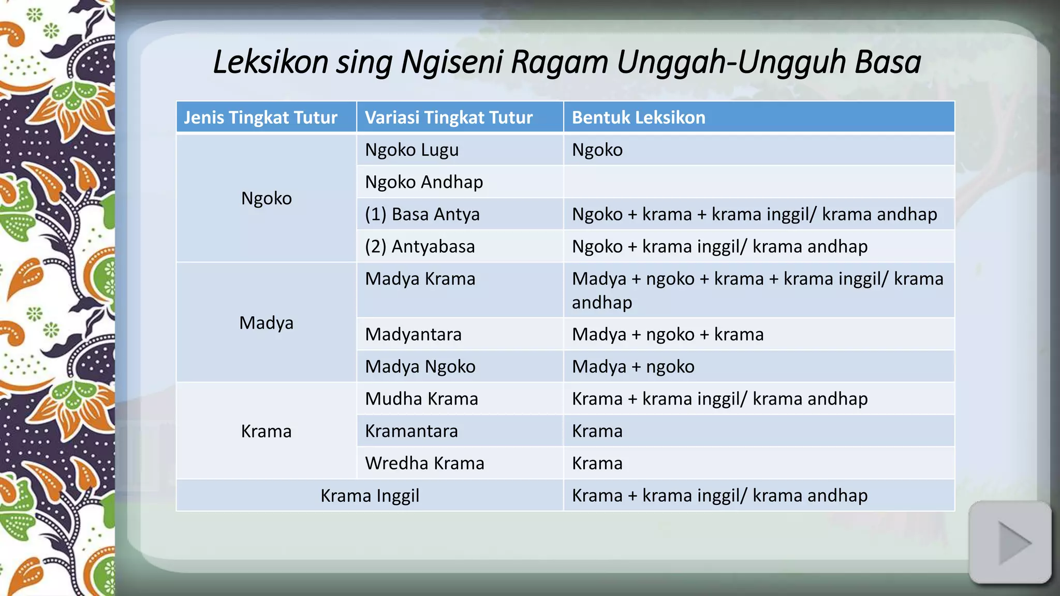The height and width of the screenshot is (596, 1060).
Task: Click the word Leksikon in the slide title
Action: pos(270,62)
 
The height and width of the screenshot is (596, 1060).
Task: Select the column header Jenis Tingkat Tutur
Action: pos(260,117)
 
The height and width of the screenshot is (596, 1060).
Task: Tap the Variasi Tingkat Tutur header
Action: pos(448,117)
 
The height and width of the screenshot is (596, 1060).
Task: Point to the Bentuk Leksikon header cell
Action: pos(638,117)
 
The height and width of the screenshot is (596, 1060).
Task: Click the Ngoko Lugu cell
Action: pos(411,150)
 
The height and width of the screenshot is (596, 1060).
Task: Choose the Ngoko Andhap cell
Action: pos(423,182)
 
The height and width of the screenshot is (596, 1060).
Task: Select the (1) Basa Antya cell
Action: pos(422,214)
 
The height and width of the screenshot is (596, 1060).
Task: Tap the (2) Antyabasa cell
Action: pos(419,246)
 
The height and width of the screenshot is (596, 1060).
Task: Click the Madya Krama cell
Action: pos(420,279)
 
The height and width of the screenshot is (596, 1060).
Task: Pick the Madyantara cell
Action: pos(413,334)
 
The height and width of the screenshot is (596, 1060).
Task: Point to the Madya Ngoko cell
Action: pos(420,366)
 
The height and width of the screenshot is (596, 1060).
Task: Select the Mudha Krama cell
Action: pos(421,399)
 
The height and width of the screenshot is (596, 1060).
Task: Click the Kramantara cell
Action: pos(411,431)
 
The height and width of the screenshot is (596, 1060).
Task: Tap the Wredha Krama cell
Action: pos(424,463)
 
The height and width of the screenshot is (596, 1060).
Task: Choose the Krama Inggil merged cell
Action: pos(370,496)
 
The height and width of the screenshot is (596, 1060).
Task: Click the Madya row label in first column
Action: pos(266,323)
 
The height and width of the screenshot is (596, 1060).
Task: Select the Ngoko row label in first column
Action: pos(266,198)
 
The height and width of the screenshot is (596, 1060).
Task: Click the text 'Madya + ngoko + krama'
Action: pos(667,334)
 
